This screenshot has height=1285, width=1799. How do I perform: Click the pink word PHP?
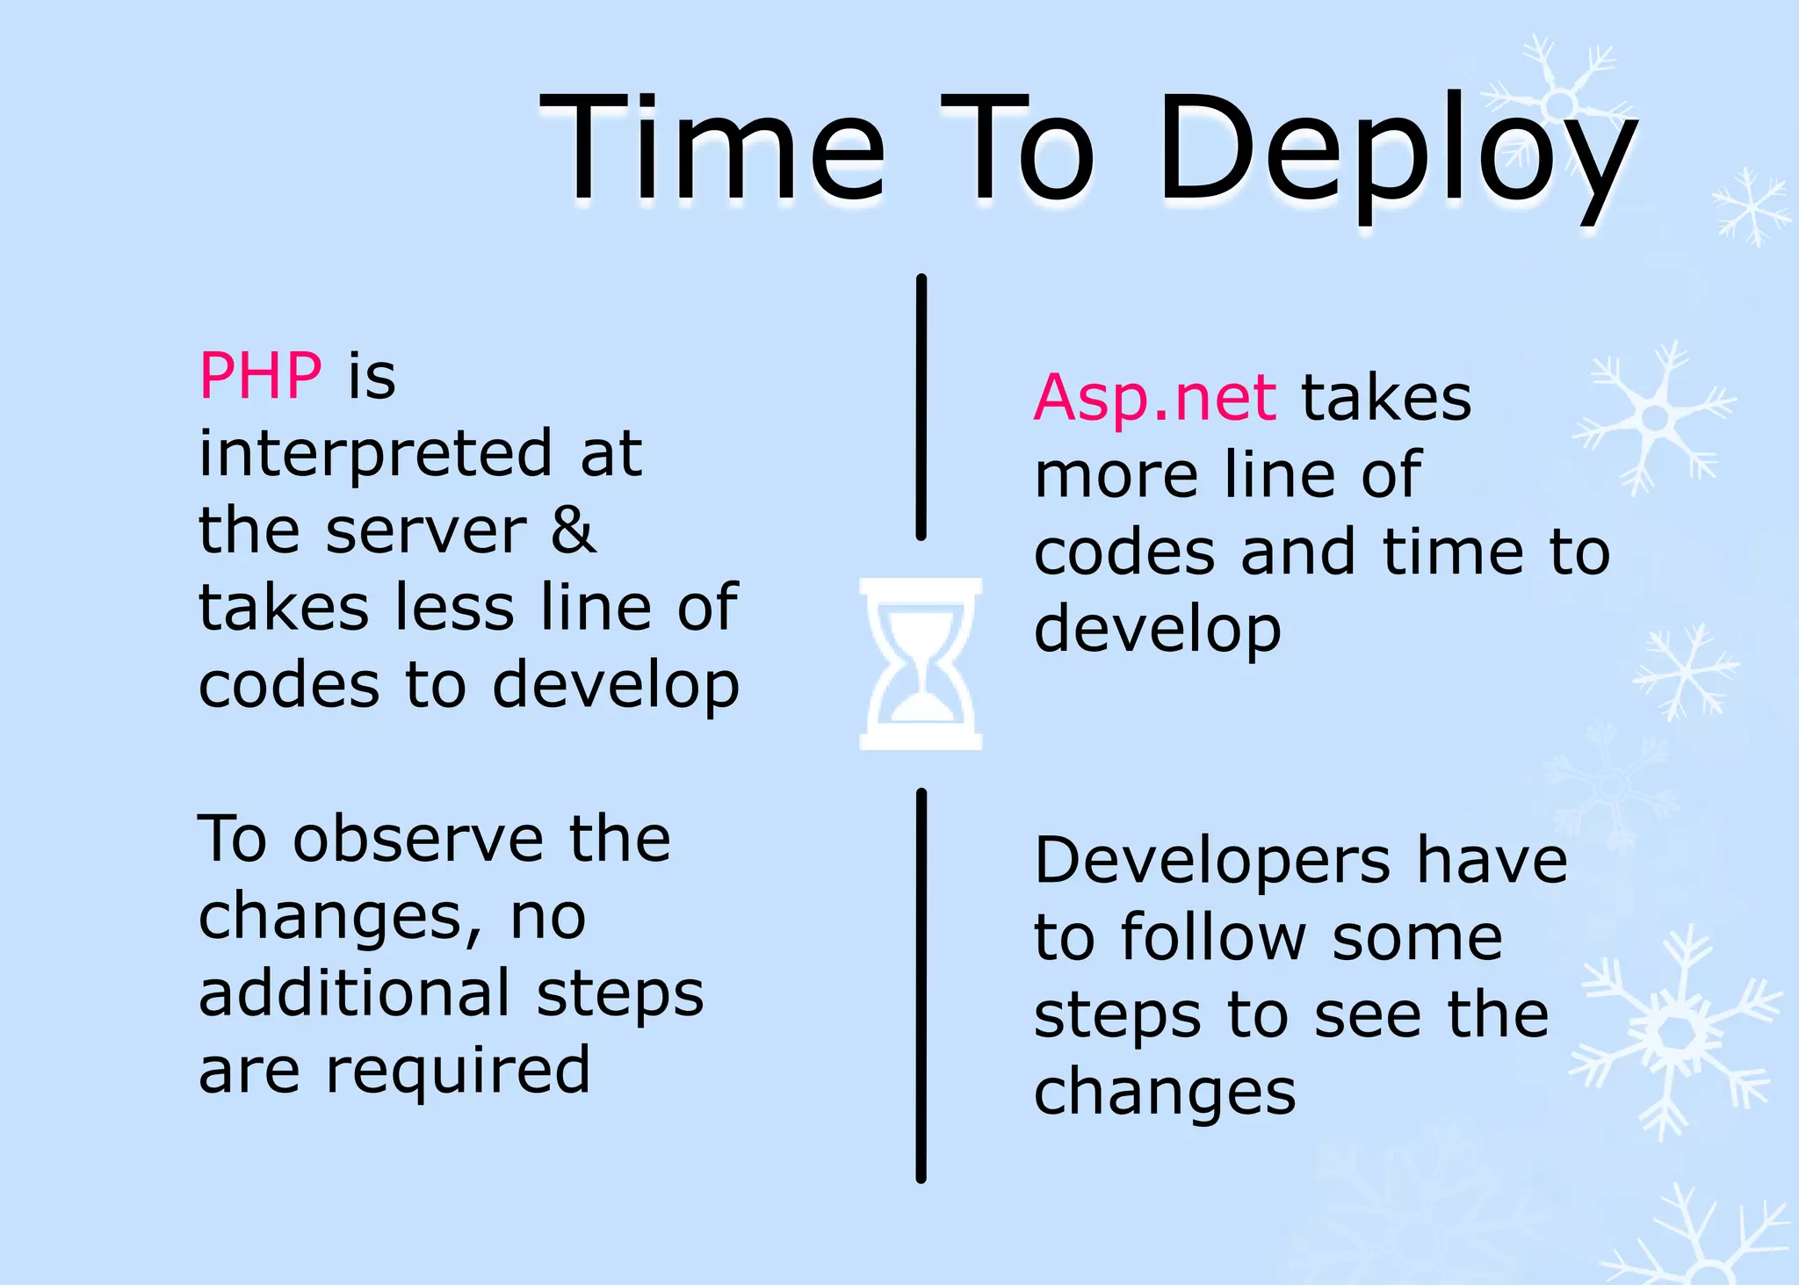point(260,376)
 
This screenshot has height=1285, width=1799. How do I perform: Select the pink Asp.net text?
point(1154,398)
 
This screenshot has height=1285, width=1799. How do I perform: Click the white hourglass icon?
point(920,663)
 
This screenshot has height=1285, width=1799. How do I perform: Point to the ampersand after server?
point(573,531)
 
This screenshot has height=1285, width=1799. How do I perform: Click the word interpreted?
point(376,455)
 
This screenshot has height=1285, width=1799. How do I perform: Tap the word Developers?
point(1212,861)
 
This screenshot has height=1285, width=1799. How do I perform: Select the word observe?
point(418,839)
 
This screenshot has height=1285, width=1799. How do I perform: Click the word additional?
point(354,993)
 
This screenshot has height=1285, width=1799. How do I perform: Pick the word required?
point(458,1072)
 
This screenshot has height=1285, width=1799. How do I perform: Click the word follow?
point(1214,937)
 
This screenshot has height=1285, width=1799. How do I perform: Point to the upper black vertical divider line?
point(921,407)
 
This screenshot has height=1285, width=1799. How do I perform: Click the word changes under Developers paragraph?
point(1165,1093)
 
